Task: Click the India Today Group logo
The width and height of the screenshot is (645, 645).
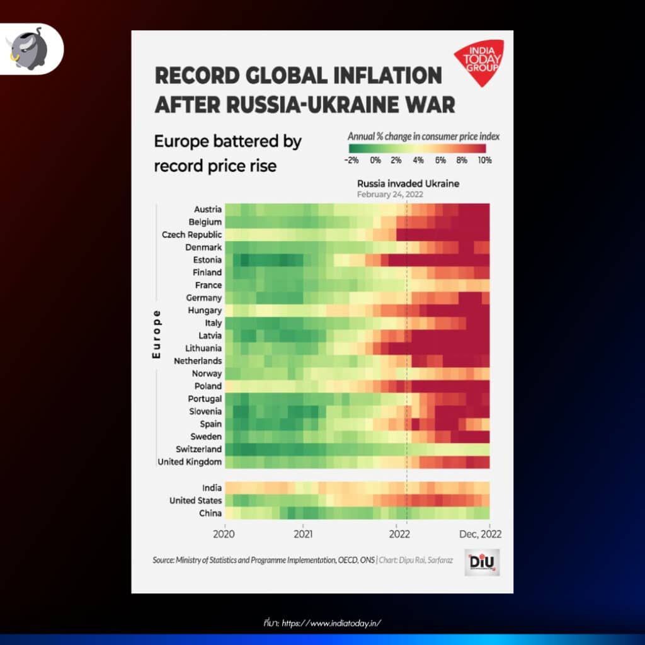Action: point(479,62)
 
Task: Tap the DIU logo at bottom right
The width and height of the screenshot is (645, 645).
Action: point(482,562)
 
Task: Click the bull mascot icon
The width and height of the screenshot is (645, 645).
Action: point(28,49)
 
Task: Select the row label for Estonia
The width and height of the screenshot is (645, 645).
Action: point(207,260)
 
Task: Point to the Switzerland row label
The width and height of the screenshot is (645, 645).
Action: point(198,449)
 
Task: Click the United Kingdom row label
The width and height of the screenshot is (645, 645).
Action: point(190,462)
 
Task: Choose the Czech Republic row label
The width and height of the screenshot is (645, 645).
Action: point(191,235)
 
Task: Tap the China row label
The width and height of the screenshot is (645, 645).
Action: point(210,513)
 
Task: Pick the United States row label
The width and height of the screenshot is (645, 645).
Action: point(196,501)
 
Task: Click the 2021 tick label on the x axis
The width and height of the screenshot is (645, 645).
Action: point(303,534)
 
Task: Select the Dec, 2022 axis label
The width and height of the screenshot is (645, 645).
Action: point(481,534)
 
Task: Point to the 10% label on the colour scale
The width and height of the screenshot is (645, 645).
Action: point(484,161)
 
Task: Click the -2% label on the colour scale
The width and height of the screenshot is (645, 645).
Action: point(351,161)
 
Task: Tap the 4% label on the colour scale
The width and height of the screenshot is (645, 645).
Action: point(418,161)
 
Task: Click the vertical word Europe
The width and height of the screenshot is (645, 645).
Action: point(156,334)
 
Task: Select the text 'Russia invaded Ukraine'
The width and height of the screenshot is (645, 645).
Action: point(408,184)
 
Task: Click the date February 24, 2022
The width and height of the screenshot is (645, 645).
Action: point(390,195)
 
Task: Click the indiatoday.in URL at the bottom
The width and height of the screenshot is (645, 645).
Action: point(331,623)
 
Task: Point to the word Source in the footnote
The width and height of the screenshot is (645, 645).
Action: point(163,560)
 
